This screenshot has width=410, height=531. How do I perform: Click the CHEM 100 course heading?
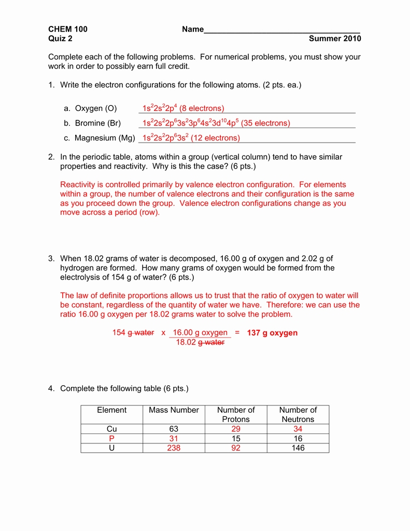68,29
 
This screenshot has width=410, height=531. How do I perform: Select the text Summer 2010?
334,38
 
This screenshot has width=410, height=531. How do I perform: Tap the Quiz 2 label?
61,38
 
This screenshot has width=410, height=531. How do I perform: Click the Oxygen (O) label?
96,108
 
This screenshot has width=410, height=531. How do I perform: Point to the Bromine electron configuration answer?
216,123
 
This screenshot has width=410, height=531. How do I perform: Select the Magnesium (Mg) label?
105,138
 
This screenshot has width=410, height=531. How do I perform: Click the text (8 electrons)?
202,108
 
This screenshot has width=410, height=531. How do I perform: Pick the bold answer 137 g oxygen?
272,332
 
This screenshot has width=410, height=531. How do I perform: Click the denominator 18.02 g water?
200,342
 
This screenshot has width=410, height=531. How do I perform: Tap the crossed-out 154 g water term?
133,332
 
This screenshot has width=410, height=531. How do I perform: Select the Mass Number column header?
174,410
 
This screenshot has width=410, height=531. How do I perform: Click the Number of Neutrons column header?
298,414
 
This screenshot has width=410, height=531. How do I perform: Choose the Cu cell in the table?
111,429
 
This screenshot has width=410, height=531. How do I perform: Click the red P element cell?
111,438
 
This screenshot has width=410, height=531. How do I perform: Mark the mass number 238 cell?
174,448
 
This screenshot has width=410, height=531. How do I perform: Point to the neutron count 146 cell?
298,448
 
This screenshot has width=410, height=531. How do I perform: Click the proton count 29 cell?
236,429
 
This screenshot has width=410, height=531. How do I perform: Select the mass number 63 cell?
174,429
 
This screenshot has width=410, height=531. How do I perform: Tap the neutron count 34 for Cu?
298,429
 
